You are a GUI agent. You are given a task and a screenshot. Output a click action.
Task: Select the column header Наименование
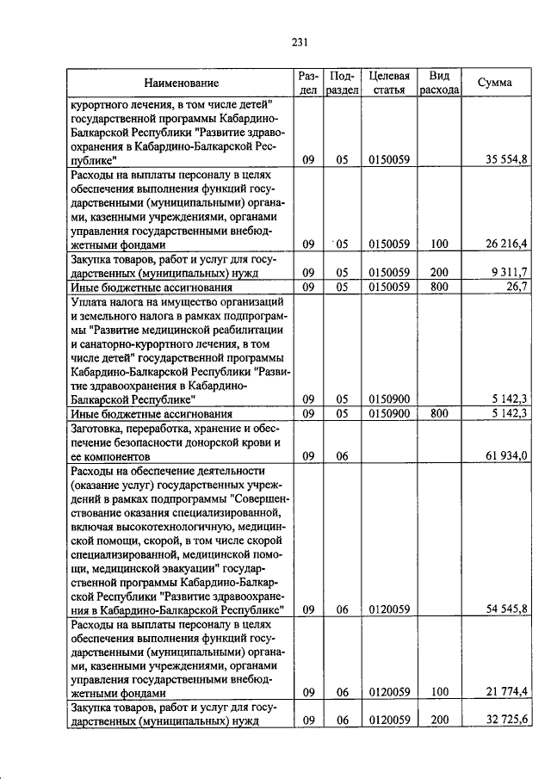[181, 83]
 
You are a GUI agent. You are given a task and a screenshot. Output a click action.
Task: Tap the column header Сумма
[495, 83]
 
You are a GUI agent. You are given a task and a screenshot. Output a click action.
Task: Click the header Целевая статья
[388, 83]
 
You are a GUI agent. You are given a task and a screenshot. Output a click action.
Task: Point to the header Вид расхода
[438, 83]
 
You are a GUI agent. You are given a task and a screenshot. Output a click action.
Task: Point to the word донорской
[206, 442]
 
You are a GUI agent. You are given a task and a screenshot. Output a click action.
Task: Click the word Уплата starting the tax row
[91, 300]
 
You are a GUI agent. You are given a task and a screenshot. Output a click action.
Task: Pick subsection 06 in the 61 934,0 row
[342, 455]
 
